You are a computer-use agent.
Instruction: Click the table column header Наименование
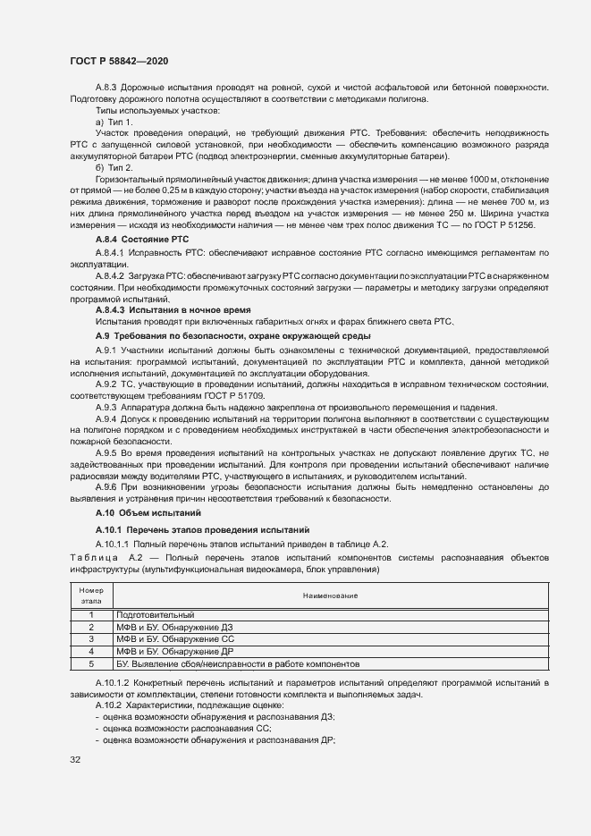tap(330, 596)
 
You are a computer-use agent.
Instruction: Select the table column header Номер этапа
tap(91, 596)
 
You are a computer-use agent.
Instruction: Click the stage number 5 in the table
tap(91, 665)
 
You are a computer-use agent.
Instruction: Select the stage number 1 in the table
tap(91, 615)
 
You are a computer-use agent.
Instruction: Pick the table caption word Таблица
tap(92, 557)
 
